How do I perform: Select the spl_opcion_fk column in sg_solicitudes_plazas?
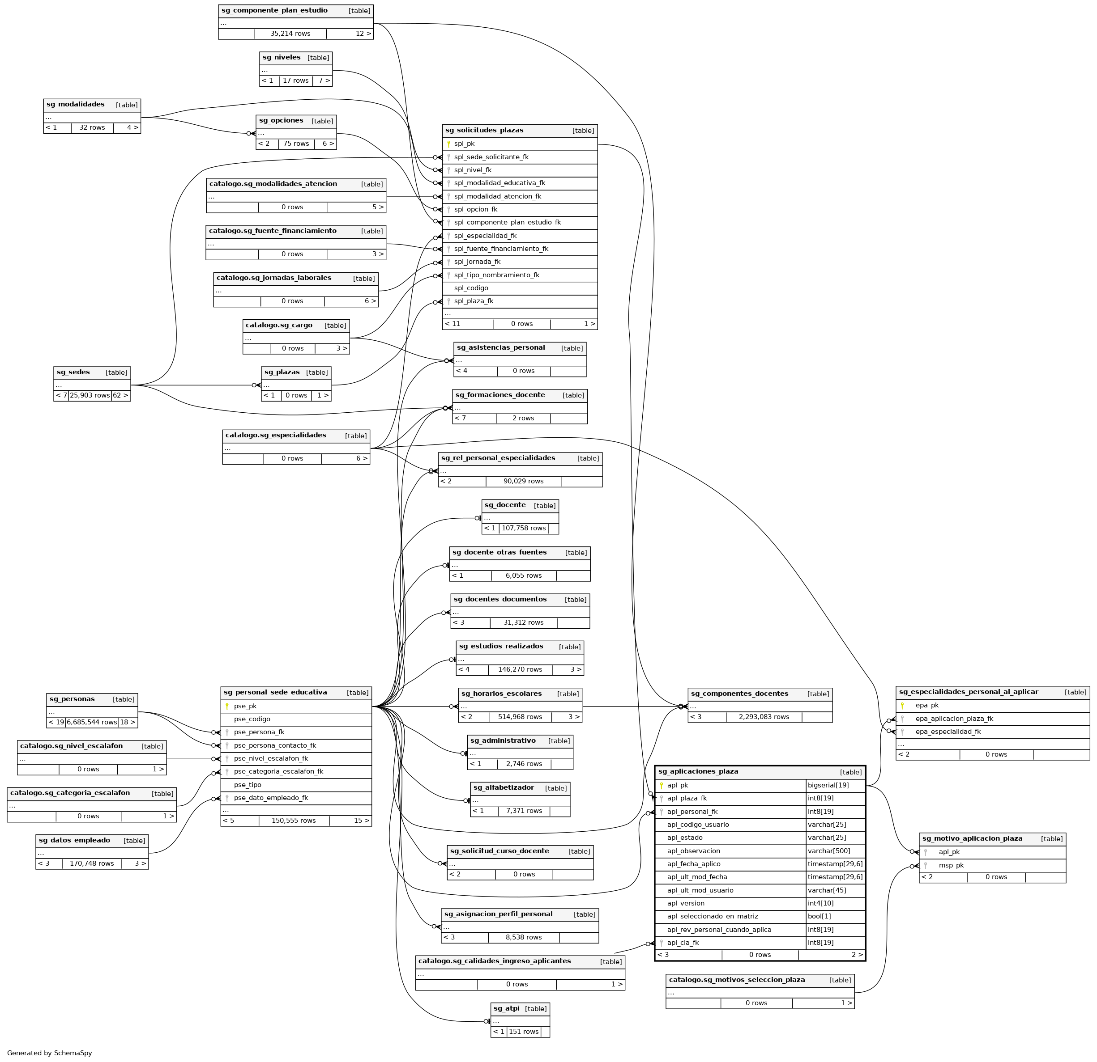(475, 210)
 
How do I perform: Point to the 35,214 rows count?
(290, 34)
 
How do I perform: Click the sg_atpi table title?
(506, 1008)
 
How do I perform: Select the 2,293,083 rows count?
(764, 717)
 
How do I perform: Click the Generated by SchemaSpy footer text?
(50, 1053)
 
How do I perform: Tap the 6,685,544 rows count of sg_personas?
(92, 723)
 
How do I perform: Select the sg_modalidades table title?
(76, 105)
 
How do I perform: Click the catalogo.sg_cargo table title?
(279, 326)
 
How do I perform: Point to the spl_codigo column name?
(471, 288)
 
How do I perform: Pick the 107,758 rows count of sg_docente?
(523, 529)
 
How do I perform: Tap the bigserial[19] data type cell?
(828, 786)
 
